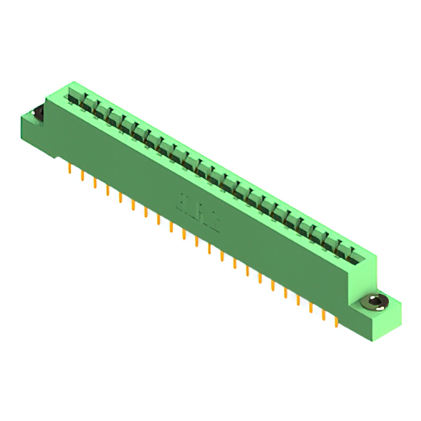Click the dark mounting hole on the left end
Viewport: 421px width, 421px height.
[37, 112]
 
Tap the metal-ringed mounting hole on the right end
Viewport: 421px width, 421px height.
[376, 302]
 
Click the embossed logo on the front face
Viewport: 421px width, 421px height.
[198, 207]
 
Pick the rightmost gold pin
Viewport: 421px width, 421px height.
[337, 319]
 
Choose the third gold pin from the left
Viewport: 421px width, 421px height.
[95, 182]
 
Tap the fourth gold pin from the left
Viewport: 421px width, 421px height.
[108, 189]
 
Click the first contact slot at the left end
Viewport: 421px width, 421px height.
[72, 99]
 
